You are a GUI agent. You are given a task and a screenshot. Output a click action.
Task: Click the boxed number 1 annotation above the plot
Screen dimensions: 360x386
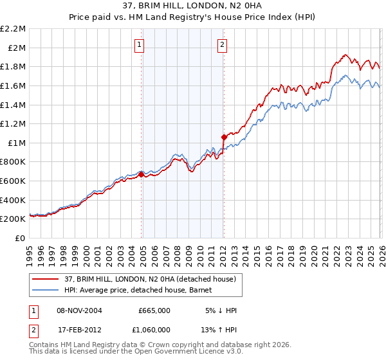click(140, 44)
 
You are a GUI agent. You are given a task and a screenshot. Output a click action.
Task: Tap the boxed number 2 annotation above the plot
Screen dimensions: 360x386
click(222, 44)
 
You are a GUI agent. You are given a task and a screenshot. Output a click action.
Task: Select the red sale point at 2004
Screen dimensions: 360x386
click(142, 174)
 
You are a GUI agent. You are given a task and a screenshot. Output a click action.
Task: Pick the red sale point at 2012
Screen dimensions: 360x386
click(224, 137)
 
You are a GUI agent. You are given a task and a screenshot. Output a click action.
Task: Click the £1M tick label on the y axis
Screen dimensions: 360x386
click(17, 143)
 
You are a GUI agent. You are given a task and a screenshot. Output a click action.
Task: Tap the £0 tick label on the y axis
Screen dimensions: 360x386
click(19, 238)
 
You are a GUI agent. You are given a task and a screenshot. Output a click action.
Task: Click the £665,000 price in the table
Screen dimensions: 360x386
click(154, 310)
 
